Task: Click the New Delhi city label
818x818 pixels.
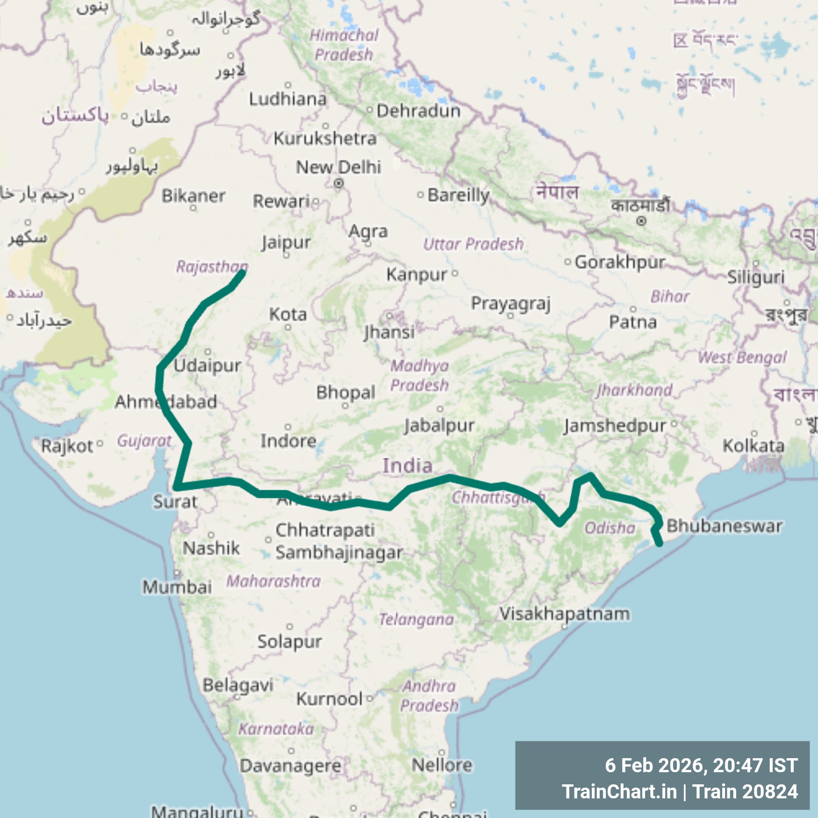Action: pos(338,167)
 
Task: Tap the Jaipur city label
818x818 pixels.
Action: pos(286,243)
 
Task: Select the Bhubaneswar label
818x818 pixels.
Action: pos(724,526)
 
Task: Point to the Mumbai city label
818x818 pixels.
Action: pos(177,587)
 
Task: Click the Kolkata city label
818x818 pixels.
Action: pos(753,445)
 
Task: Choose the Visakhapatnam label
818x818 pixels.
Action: pos(564,613)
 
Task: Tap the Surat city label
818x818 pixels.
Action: pos(175,502)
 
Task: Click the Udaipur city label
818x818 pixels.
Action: pos(208,365)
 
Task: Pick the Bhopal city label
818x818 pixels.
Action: pos(345,392)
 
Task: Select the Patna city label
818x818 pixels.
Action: pos(633,322)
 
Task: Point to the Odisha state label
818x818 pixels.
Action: pos(610,528)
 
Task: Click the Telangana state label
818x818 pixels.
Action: pos(416,619)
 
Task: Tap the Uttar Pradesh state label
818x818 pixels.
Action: pos(473,244)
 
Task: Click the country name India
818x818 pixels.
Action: pos(408,466)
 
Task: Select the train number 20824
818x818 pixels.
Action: pos(769,791)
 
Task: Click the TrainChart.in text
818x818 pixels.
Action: pos(619,791)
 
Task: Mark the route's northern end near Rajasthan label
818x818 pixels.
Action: pos(242,272)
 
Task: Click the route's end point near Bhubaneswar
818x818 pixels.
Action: pos(660,544)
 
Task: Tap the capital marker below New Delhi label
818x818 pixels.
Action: pos(338,184)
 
